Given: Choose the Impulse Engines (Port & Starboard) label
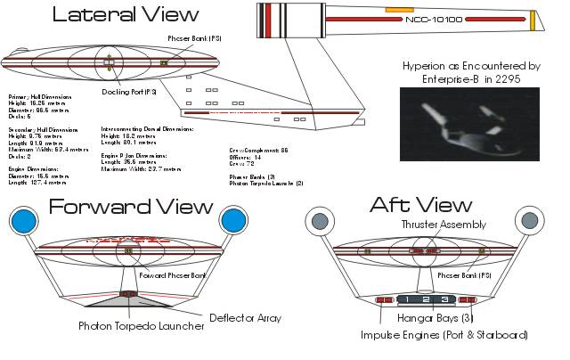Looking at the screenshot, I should point(444,335).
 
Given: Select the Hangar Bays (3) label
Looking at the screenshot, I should point(427,320).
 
